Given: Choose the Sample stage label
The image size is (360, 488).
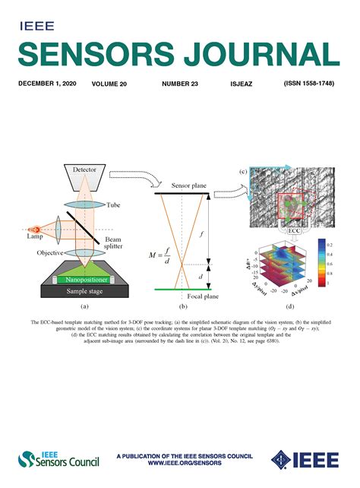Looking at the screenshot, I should coord(83,291).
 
